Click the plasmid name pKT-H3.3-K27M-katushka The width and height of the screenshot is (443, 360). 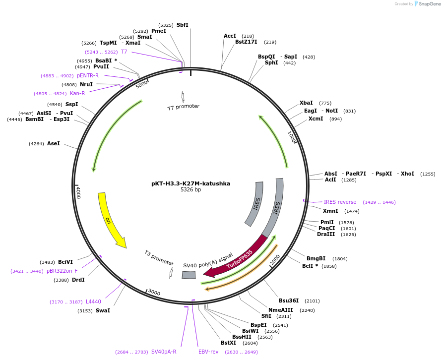click(190, 183)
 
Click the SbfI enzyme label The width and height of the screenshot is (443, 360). click(182, 25)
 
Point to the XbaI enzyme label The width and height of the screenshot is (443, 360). click(306, 103)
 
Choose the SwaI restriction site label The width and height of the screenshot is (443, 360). click(103, 311)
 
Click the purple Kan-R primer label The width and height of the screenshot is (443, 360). click(77, 93)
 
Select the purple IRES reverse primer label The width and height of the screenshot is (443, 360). click(340, 202)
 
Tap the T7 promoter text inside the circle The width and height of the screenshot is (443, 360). click(183, 107)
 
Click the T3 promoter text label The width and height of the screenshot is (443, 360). click(159, 258)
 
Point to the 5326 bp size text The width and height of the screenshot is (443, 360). click(190, 190)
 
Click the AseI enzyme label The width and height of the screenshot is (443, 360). click(53, 143)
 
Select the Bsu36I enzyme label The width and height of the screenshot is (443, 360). click(289, 300)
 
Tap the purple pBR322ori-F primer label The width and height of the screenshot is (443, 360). click(62, 271)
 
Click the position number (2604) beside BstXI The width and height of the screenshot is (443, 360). click(250, 343)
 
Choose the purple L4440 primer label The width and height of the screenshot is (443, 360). click(93, 301)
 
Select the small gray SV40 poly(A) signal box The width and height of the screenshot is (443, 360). click(189, 275)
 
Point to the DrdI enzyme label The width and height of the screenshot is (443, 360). click(78, 280)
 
